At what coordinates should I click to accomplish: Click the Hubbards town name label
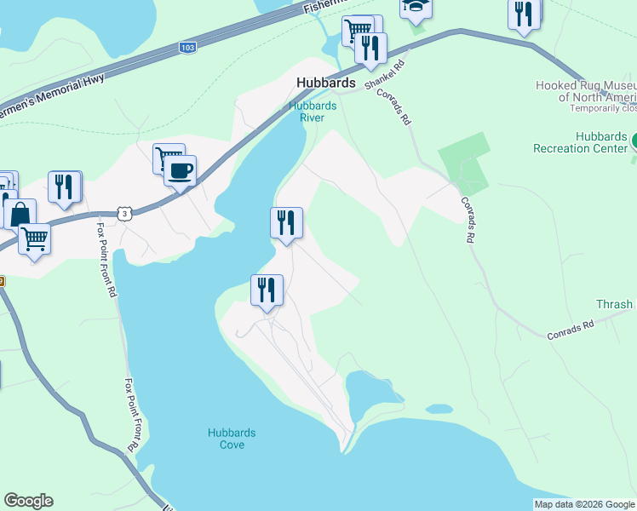325,83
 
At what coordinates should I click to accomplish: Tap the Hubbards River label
313,112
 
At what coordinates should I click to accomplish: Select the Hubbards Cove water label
232,439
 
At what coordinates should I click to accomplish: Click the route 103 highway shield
188,48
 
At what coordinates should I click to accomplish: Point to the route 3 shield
126,214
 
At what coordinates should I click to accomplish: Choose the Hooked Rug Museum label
586,91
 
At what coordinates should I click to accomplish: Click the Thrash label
614,304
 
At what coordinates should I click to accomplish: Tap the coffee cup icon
181,169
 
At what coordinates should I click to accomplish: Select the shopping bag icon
20,213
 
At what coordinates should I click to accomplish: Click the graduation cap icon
416,7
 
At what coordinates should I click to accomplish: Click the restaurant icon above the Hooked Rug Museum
524,14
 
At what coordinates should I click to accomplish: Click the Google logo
28,501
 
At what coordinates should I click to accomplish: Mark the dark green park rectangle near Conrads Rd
465,161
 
